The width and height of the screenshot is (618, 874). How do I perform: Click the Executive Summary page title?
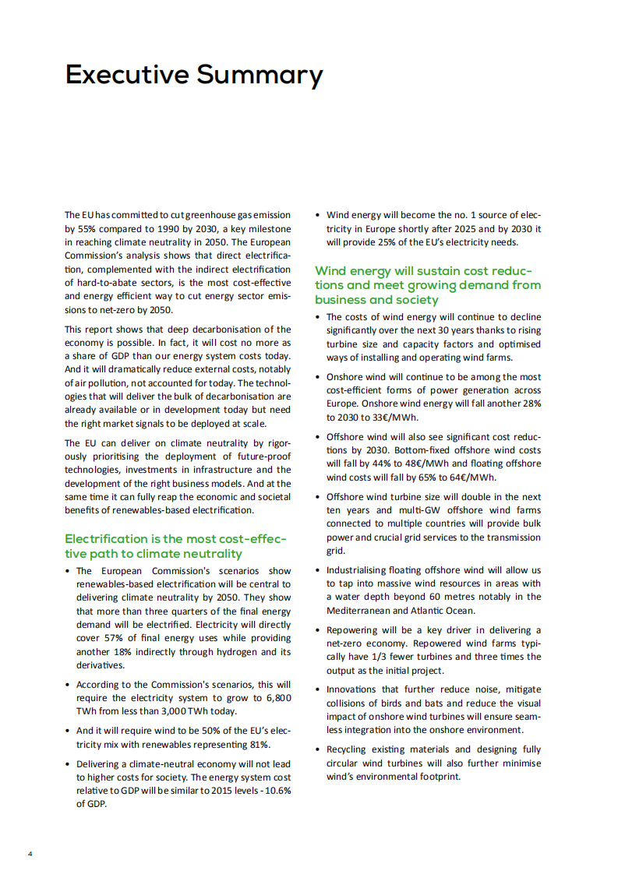click(193, 75)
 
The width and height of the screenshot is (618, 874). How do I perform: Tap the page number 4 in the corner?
click(30, 854)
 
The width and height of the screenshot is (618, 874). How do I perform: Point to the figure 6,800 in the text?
click(277, 698)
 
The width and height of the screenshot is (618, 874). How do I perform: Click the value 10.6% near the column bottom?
click(277, 790)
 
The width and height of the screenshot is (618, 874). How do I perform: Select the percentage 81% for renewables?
click(259, 744)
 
